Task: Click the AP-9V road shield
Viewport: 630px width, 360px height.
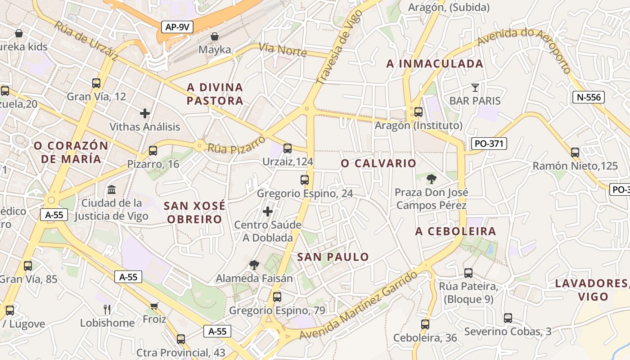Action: (177, 27)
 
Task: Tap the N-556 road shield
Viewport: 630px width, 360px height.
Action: (588, 97)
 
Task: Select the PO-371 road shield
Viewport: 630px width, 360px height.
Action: (489, 144)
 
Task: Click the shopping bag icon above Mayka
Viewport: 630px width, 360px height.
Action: (215, 36)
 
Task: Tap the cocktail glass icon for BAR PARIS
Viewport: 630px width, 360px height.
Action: (475, 87)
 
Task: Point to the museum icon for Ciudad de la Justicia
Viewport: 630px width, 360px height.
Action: (112, 189)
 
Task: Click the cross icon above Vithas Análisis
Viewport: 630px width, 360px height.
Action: (144, 113)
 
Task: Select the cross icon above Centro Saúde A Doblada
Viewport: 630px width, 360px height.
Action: (268, 211)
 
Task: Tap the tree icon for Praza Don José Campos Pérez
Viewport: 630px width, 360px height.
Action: (431, 179)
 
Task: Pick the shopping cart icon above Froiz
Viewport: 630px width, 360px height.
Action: (154, 306)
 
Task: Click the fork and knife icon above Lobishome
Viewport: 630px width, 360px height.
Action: (107, 309)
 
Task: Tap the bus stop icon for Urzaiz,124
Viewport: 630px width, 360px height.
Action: (288, 148)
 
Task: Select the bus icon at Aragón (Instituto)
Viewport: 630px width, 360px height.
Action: (418, 112)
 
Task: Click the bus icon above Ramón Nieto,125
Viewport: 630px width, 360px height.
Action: (575, 152)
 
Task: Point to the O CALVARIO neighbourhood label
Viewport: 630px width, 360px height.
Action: (378, 163)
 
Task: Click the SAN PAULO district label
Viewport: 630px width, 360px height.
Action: (333, 257)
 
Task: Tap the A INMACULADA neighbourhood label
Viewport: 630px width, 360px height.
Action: (435, 64)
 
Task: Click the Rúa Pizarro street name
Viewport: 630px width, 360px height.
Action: (236, 144)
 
